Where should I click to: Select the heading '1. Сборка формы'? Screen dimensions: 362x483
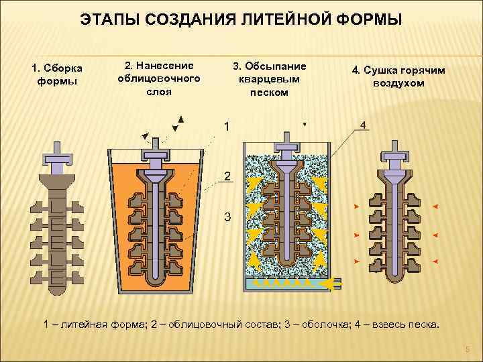point(56,74)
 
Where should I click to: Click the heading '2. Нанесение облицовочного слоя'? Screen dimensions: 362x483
point(159,78)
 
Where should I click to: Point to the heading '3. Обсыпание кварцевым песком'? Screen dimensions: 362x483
point(269,79)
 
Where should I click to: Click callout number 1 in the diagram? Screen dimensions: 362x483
point(227,125)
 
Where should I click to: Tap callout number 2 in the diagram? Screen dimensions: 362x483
point(227,177)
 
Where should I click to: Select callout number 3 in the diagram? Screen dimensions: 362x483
point(227,218)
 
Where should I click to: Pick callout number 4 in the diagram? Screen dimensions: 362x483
point(363,125)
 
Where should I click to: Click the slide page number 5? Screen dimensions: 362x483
point(468,349)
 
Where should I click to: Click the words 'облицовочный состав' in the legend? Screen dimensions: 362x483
point(210,324)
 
